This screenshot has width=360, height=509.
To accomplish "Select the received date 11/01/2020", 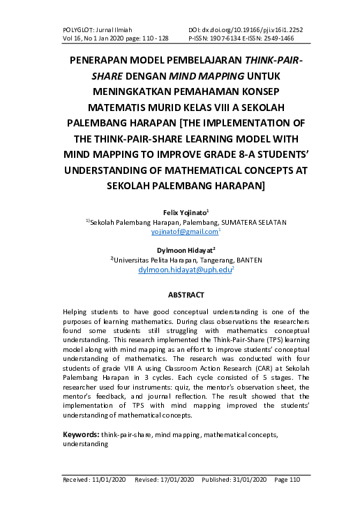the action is click(107, 480).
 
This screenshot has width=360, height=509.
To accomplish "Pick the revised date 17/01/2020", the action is click(179, 480).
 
